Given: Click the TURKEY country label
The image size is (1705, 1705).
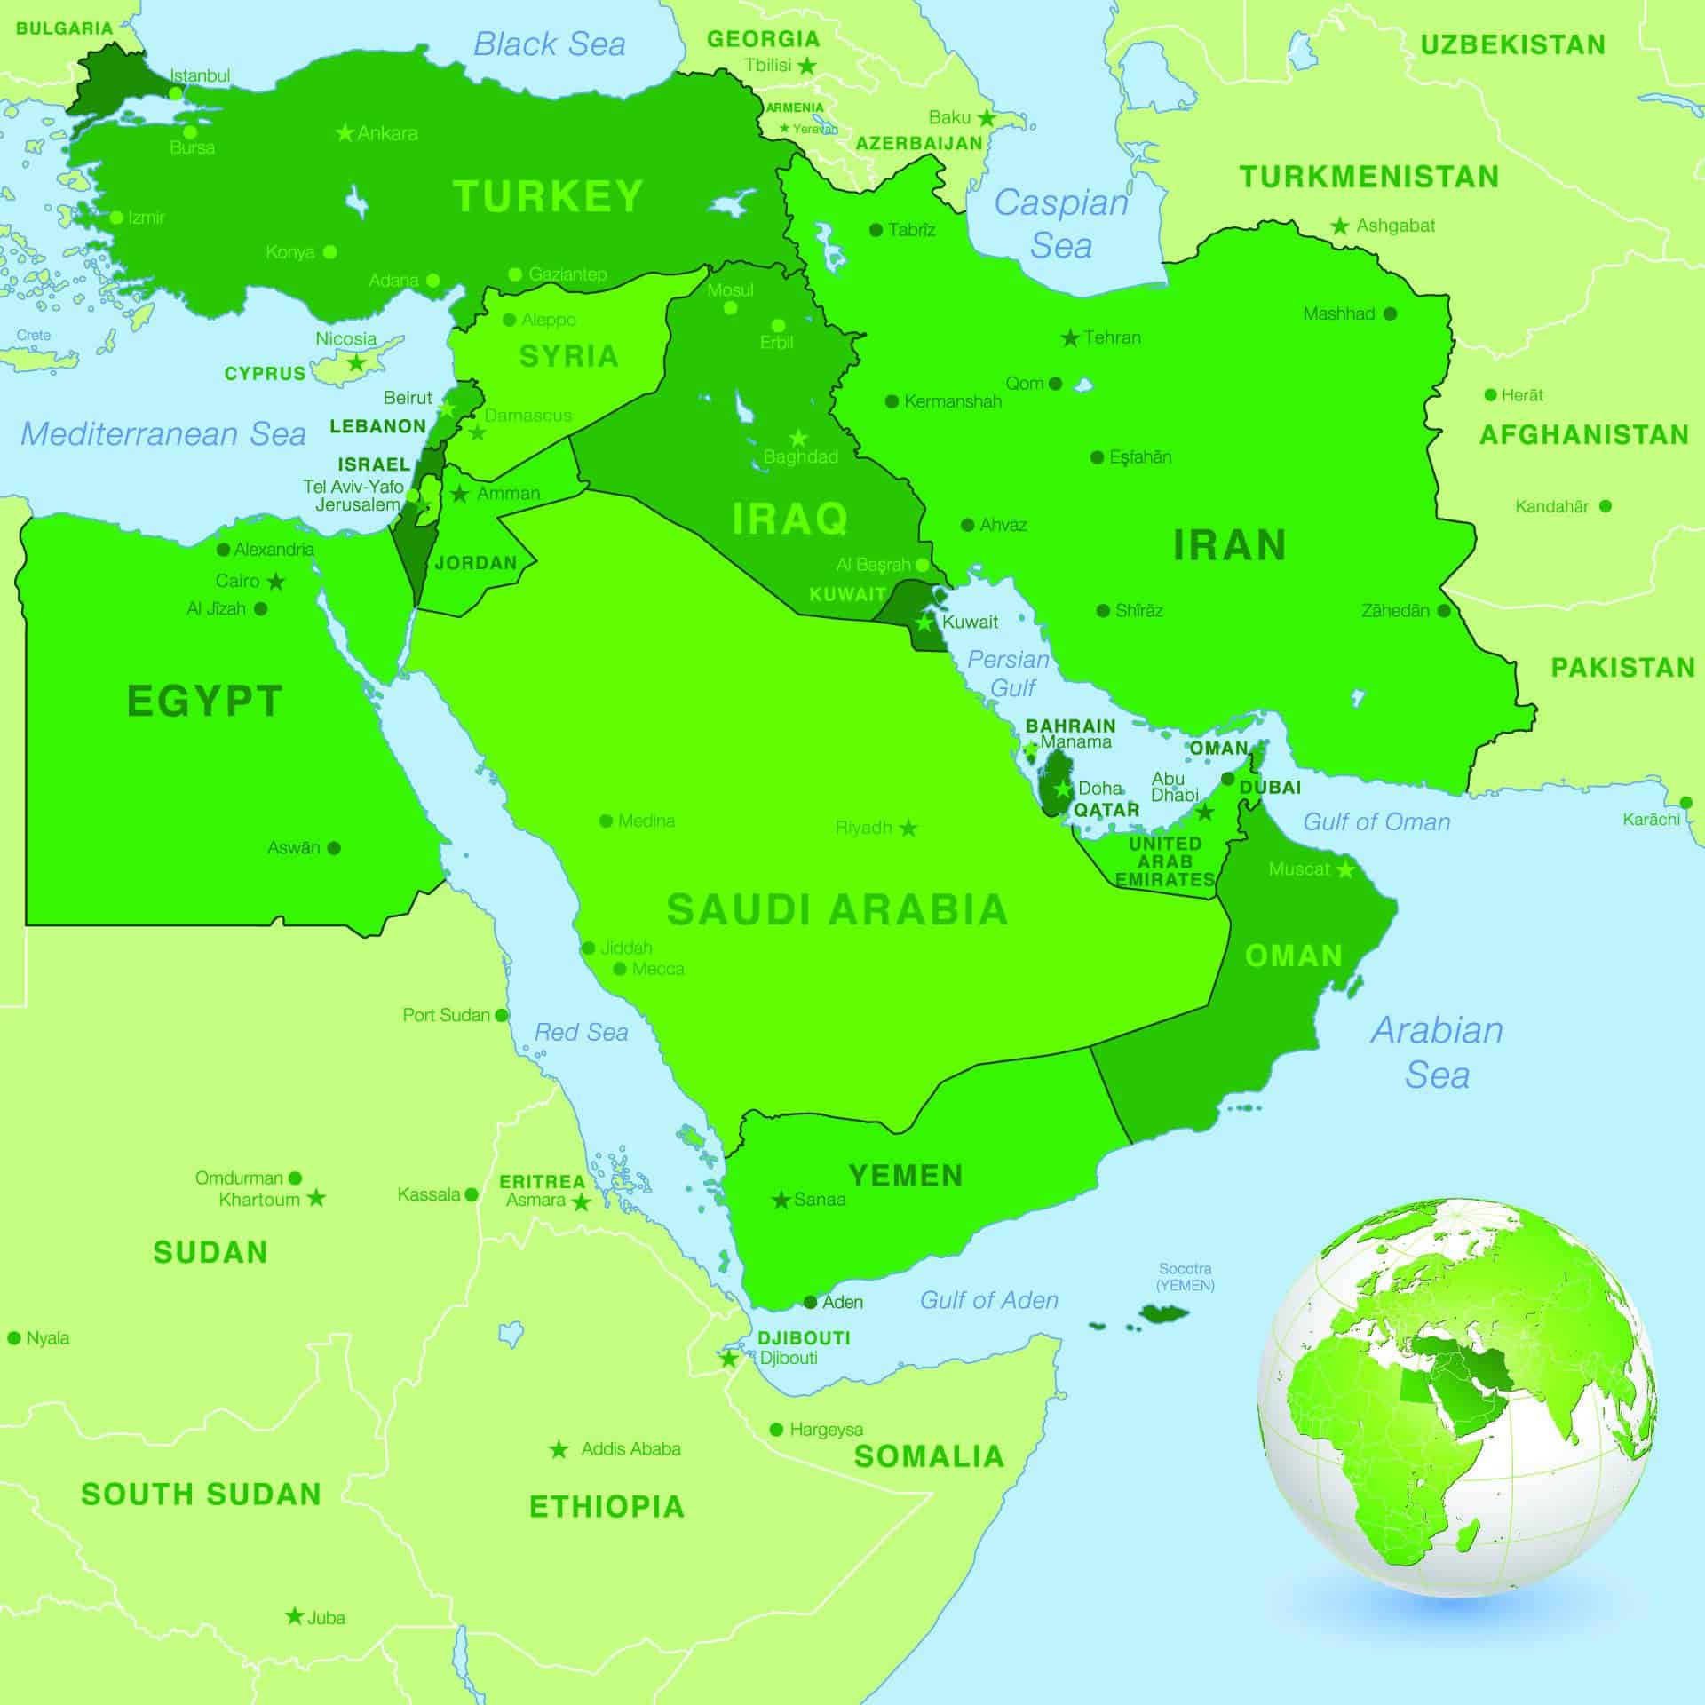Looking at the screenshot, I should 547,196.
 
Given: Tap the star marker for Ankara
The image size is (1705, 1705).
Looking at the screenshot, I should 345,133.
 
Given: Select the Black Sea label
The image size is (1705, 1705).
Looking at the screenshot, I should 549,44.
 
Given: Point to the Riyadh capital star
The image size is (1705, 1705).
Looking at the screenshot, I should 908,829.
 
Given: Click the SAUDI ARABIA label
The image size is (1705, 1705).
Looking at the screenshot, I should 837,910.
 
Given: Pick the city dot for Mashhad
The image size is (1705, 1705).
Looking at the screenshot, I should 1390,313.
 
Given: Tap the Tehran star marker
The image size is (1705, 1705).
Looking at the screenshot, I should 1071,338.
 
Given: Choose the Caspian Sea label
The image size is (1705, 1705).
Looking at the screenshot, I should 1061,224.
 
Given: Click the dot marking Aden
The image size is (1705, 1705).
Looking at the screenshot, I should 810,1303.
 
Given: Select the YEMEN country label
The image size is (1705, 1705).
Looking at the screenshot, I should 906,1176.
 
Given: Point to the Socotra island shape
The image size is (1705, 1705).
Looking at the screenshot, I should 1163,1312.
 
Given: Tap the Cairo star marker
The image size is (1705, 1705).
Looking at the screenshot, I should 276,582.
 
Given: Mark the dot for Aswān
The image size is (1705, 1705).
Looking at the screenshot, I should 334,848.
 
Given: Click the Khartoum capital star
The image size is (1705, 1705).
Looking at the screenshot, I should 316,1199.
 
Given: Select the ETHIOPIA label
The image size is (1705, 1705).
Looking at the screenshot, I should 607,1507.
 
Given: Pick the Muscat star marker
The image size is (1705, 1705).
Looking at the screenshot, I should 1345,869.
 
